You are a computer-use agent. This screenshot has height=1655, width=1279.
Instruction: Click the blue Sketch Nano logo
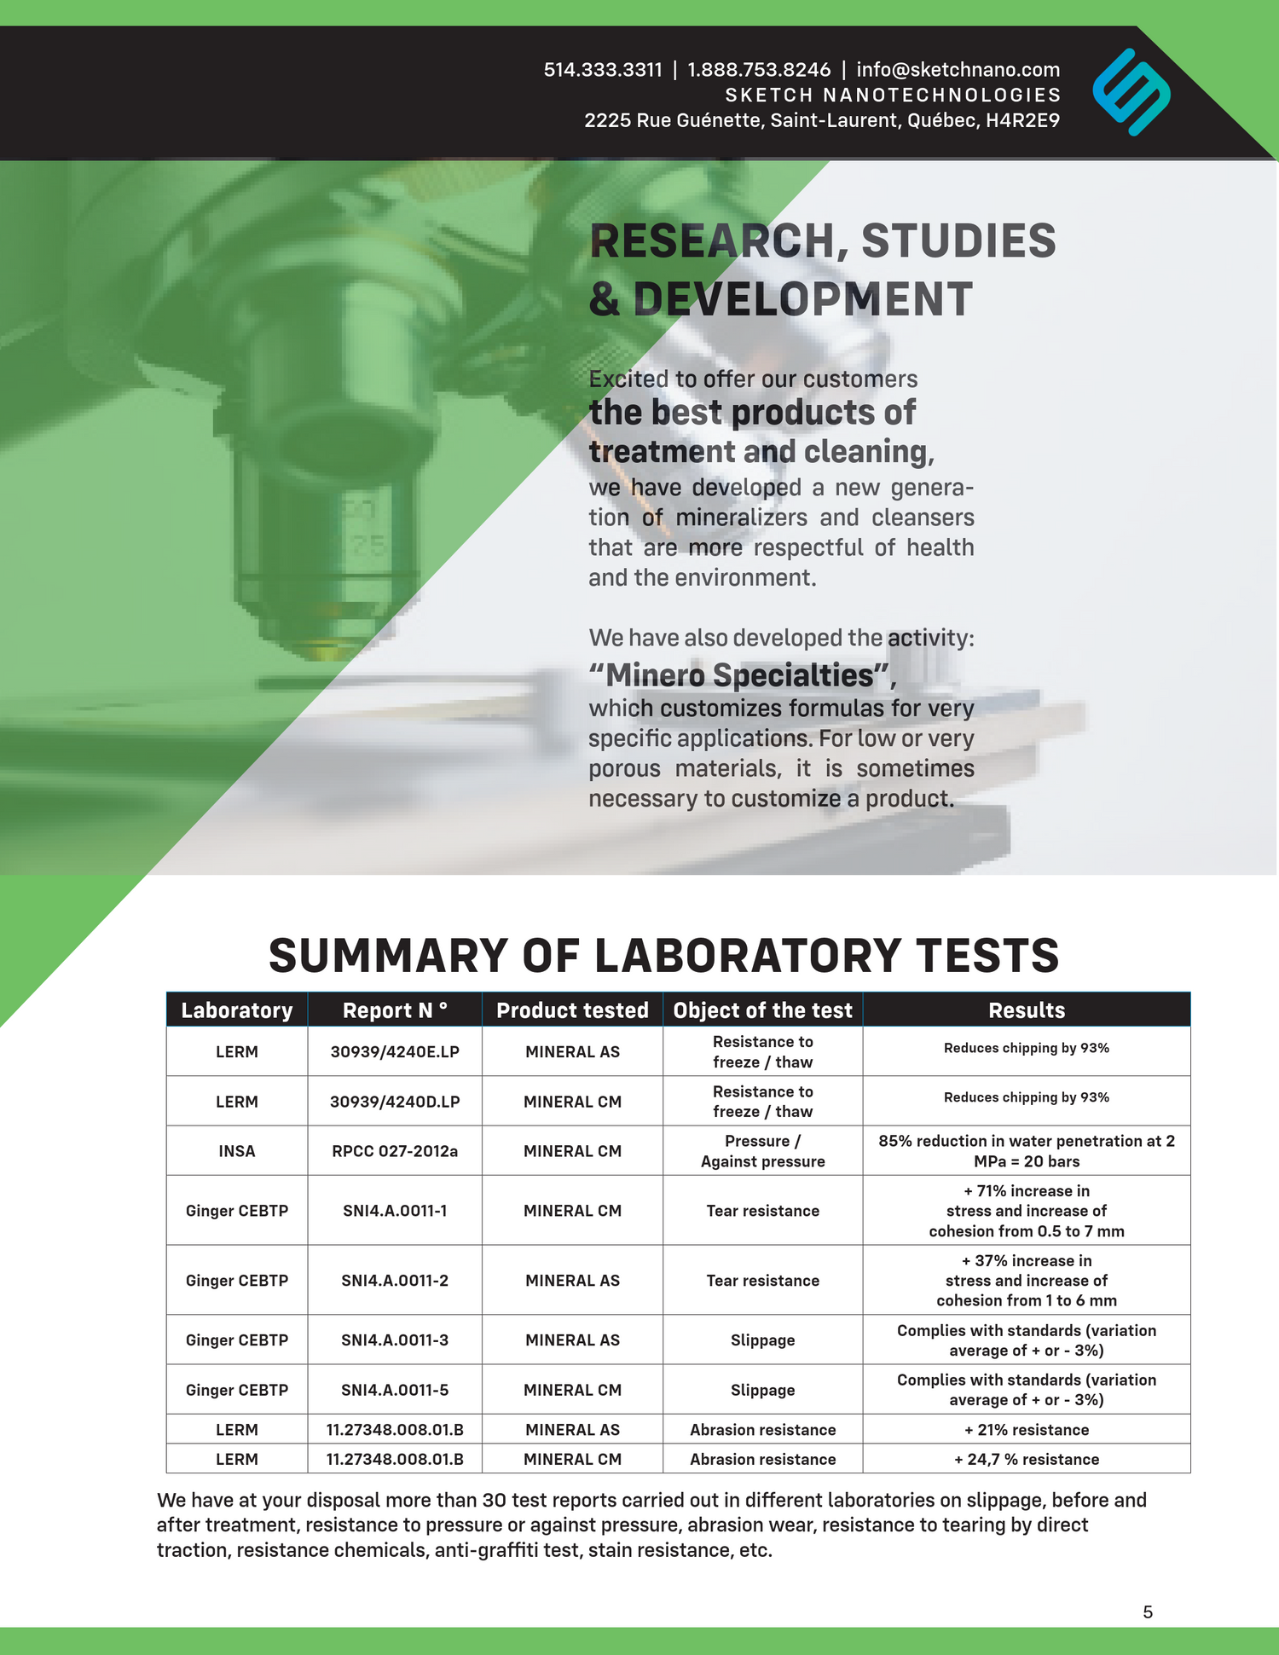coord(1131,92)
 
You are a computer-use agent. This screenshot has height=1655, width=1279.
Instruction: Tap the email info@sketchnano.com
coord(958,70)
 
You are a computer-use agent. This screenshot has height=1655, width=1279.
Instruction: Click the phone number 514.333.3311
coord(603,70)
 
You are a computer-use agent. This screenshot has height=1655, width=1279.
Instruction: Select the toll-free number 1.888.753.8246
coord(758,70)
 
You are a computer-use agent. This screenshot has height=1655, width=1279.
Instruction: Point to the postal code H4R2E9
coord(1022,120)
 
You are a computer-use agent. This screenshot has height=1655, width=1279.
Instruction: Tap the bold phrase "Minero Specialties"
coord(740,675)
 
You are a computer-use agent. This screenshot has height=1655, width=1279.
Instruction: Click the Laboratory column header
coord(237,1010)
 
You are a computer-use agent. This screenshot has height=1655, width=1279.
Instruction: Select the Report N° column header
coord(395,1010)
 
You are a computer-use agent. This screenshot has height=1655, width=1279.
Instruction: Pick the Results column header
coord(1027,1010)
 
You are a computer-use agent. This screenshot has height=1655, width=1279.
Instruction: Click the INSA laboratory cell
coord(237,1151)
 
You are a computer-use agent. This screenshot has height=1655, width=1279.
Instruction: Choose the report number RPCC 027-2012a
coord(395,1151)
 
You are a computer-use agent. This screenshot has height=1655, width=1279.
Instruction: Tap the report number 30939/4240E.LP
coord(395,1051)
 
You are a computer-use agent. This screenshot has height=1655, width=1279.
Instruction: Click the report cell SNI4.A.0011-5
coord(395,1390)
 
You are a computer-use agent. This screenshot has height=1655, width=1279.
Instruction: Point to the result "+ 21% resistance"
coord(1027,1430)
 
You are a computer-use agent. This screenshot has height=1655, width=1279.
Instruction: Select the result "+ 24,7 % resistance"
coord(1027,1459)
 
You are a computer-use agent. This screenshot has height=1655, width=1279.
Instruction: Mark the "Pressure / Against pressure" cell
coord(762,1151)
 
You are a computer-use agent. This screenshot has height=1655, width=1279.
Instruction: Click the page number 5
coord(1148,1612)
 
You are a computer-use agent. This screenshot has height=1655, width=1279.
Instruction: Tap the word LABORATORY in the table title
coord(746,955)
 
